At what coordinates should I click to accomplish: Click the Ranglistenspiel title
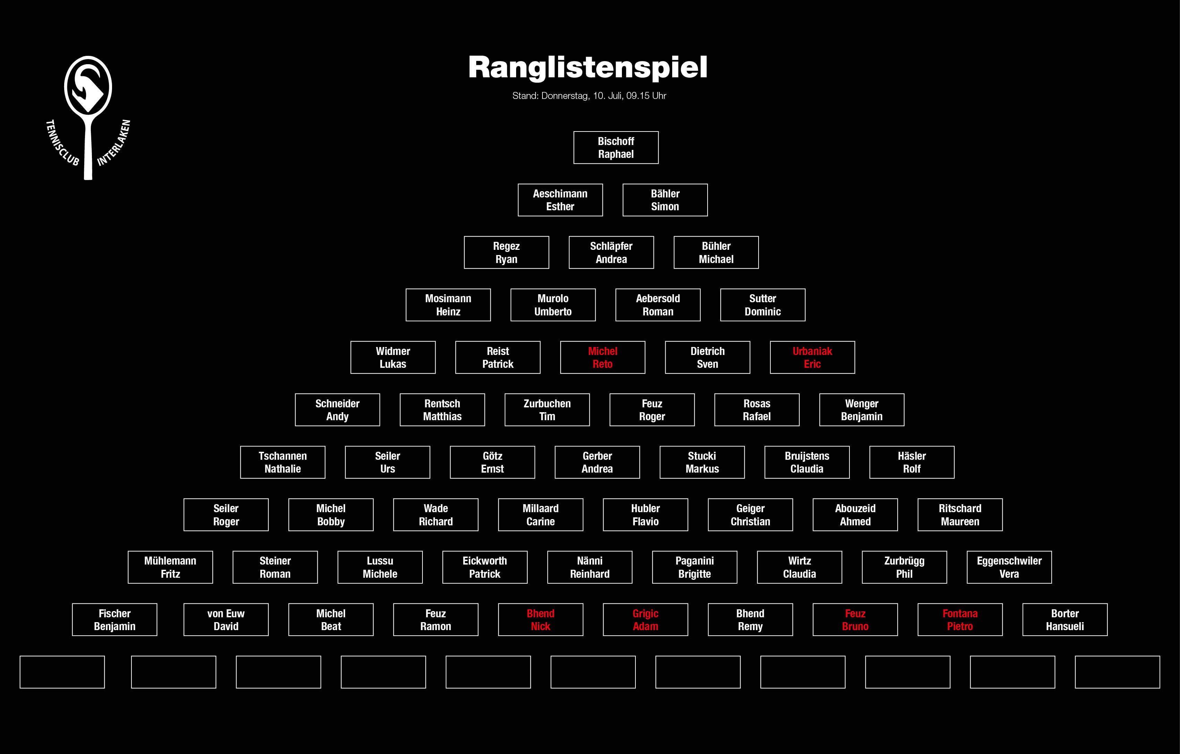588,67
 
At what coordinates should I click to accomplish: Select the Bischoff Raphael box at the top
616,147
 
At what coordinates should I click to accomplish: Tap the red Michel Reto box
603,357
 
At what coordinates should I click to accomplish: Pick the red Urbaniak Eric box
812,357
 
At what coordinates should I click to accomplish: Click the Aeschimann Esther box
560,200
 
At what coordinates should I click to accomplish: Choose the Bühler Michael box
716,253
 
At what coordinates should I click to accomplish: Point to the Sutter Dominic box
762,305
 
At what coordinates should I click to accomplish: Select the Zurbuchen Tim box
547,410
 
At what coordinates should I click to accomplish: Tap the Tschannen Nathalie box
283,462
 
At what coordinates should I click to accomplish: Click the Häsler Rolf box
912,462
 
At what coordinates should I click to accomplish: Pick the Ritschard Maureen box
960,515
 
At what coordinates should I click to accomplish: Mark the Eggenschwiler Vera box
1009,567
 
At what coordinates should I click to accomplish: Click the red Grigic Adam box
645,620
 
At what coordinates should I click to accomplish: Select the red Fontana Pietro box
960,620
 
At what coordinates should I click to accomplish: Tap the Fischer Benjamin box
115,620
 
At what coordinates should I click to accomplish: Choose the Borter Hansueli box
1065,620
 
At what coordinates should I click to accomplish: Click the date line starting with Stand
589,96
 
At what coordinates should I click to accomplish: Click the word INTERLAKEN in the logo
114,143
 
